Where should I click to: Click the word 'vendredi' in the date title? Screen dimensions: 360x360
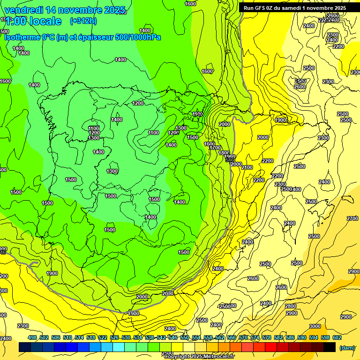pos(24,10)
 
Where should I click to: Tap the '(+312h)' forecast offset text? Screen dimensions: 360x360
pos(83,21)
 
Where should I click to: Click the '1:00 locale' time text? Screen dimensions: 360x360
pos(33,21)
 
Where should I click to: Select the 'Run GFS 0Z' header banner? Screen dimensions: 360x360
pos(294,7)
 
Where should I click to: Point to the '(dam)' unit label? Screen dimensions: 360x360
pos(346,347)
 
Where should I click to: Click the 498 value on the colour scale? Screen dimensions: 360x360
pos(32,337)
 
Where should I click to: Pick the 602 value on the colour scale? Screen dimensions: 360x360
pos(337,337)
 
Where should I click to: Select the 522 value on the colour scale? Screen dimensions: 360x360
pos(103,337)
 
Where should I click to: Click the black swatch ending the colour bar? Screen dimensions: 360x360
pos(330,347)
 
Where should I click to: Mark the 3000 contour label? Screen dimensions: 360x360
pos(315,326)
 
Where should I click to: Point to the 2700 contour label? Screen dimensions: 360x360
pos(352,218)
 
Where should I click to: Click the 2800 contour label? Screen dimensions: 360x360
pos(291,306)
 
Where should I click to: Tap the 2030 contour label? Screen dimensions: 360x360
pos(167,293)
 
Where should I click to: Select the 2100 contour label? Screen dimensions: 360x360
pos(247,167)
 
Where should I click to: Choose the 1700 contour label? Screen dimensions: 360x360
pos(215,148)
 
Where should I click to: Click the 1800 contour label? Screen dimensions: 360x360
pos(224,153)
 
